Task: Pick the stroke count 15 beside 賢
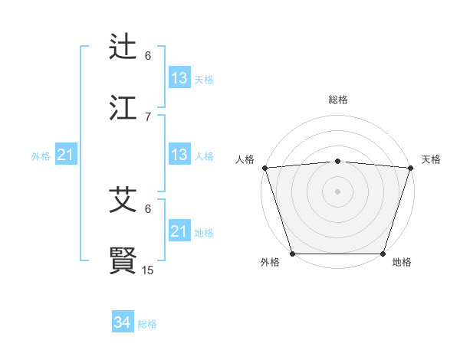148,270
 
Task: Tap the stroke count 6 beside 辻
148,56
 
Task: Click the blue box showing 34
123,323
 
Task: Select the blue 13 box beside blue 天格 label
179,78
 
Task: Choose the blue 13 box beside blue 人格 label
179,155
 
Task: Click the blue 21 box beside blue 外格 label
65,155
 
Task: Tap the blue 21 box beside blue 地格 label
179,231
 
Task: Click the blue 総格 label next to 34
147,324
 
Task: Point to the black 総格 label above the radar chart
338,100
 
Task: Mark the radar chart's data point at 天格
411,167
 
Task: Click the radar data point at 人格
264,167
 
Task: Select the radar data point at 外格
292,253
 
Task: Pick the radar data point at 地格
383,253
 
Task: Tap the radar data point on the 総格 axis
338,161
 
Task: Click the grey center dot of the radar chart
338,191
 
